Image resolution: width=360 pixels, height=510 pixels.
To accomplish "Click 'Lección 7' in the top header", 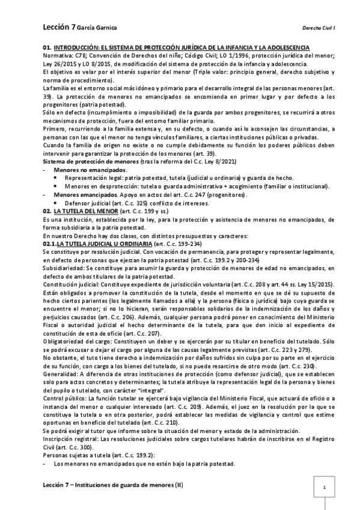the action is point(56,27).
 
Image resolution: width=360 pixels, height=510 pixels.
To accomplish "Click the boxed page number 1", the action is point(325,488).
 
